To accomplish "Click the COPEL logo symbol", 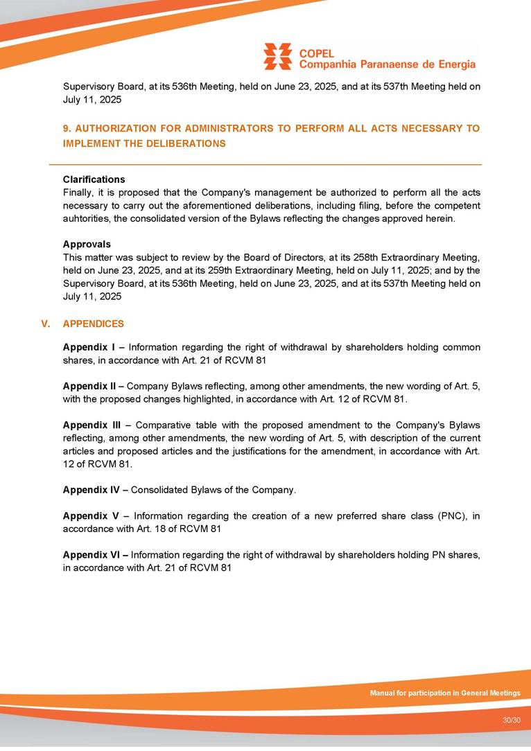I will point(277,56).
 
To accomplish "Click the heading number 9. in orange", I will point(67,129).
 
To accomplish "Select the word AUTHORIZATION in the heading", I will point(114,129).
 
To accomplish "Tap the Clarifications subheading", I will point(94,179).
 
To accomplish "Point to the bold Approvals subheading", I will point(87,244).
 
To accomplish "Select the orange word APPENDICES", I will point(94,324).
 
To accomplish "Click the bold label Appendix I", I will point(89,347).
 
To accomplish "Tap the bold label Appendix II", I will point(90,386).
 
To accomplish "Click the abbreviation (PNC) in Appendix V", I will point(453,515).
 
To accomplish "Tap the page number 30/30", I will point(512,721).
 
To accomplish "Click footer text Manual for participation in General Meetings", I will point(444,693).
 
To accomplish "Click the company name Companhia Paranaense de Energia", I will point(387,64).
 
